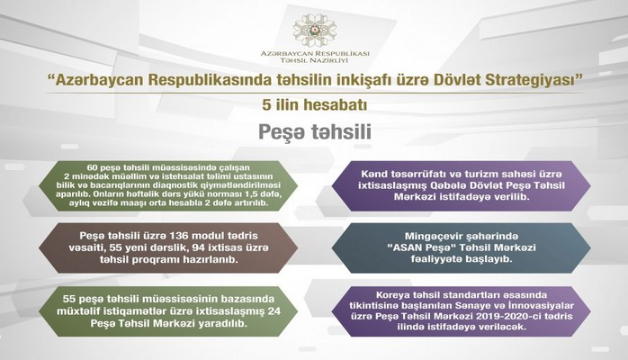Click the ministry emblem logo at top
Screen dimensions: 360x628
pos(315,24)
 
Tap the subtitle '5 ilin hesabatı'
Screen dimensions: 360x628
pos(315,106)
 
